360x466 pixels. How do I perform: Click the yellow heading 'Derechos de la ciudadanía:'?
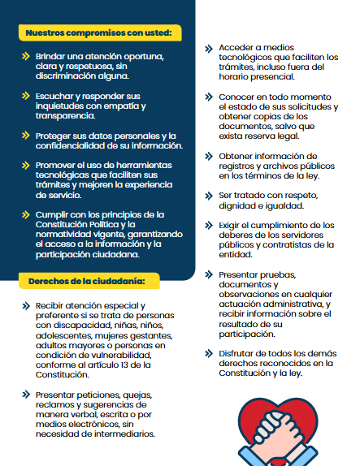pos(81,282)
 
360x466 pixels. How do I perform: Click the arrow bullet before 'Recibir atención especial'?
pos(25,307)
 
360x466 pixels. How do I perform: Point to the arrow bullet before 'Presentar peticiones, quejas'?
pos(25,395)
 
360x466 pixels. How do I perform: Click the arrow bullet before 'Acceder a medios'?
pos(210,48)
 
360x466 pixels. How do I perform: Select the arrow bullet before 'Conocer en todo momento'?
pos(210,97)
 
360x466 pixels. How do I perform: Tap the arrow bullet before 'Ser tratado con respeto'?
pos(210,195)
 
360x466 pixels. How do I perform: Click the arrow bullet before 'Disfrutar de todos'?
pos(210,353)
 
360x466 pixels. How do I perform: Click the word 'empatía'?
pos(123,106)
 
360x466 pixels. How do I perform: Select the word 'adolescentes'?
pos(64,336)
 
